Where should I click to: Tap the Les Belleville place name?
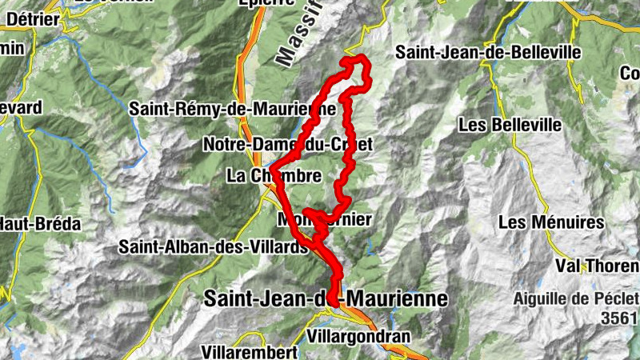[x=510, y=126]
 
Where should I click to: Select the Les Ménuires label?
[x=550, y=222]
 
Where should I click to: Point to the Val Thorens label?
[x=600, y=266]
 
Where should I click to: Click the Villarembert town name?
[x=244, y=352]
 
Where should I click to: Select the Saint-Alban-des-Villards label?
[x=214, y=247]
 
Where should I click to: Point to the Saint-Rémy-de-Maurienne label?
[x=231, y=108]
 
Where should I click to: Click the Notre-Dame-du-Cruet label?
[x=289, y=145]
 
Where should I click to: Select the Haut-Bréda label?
[x=40, y=224]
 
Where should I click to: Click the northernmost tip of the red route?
[x=356, y=58]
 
